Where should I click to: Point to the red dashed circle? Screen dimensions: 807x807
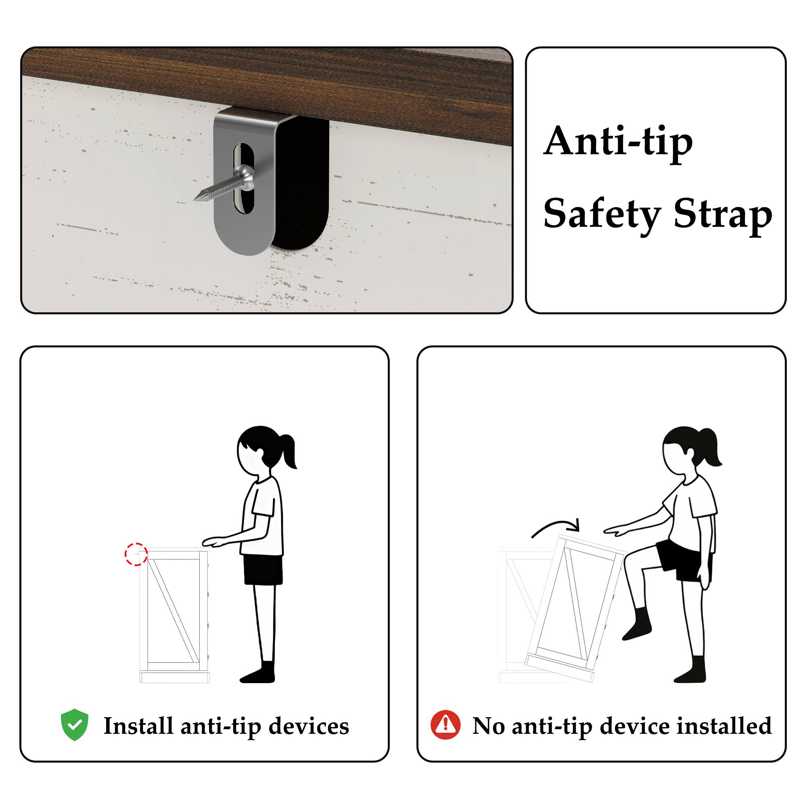136,554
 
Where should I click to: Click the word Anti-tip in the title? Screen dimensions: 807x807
618,142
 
